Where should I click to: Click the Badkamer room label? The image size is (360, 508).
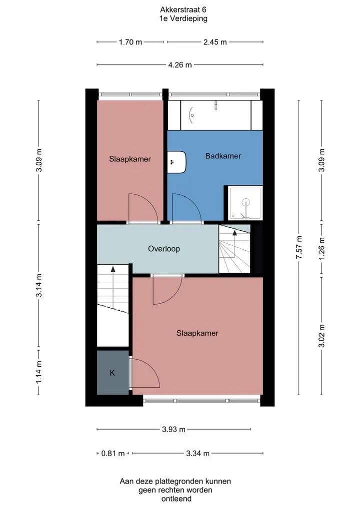pos(223,156)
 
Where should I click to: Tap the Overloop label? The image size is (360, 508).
pos(164,249)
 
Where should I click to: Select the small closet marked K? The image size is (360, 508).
pos(113,372)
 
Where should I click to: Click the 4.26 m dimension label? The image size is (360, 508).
pos(179,65)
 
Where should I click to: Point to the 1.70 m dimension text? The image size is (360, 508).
pos(130,42)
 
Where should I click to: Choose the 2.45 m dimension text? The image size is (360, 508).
pos(215,42)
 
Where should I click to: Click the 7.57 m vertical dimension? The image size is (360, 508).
pos(298,247)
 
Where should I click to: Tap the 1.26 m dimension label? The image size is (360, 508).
pos(321,249)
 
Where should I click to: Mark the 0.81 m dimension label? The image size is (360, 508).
pos(113,453)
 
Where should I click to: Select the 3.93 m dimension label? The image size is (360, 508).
pos(173,429)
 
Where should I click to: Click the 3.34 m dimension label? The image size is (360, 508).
pos(197,453)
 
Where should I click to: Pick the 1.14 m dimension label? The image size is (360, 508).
pos(38,372)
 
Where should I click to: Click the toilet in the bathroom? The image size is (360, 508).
pos(177,162)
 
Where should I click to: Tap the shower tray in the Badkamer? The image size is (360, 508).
pos(245,203)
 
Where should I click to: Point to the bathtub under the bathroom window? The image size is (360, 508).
pos(215,115)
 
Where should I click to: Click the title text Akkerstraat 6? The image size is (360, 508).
pos(183,10)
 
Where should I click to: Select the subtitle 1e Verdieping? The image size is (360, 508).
pos(183,18)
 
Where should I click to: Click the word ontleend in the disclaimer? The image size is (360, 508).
pos(176,499)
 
